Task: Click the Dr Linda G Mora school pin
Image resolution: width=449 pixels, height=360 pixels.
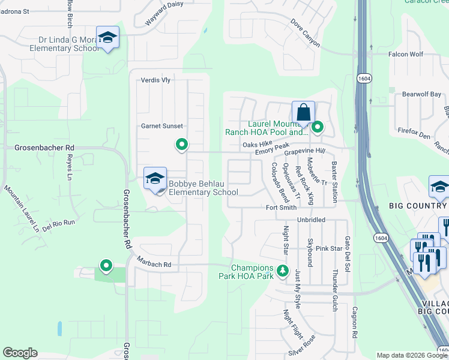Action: click(107, 38)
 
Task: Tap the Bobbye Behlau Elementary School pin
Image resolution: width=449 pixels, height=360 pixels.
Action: click(155, 179)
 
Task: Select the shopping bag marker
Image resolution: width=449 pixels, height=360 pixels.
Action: click(303, 112)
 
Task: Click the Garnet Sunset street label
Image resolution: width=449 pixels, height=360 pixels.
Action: click(161, 126)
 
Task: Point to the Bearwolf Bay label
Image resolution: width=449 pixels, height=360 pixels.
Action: click(421, 94)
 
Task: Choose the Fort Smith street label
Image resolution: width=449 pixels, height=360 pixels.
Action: click(281, 208)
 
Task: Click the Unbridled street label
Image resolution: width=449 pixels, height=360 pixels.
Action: click(310, 220)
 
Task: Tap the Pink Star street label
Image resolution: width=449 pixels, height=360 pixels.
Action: click(328, 248)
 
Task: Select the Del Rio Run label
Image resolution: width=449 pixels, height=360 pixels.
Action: click(59, 222)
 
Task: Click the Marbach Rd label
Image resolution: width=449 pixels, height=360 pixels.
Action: click(153, 264)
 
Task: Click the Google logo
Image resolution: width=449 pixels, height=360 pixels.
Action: click(20, 353)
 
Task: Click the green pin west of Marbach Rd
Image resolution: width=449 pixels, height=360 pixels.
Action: click(106, 265)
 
